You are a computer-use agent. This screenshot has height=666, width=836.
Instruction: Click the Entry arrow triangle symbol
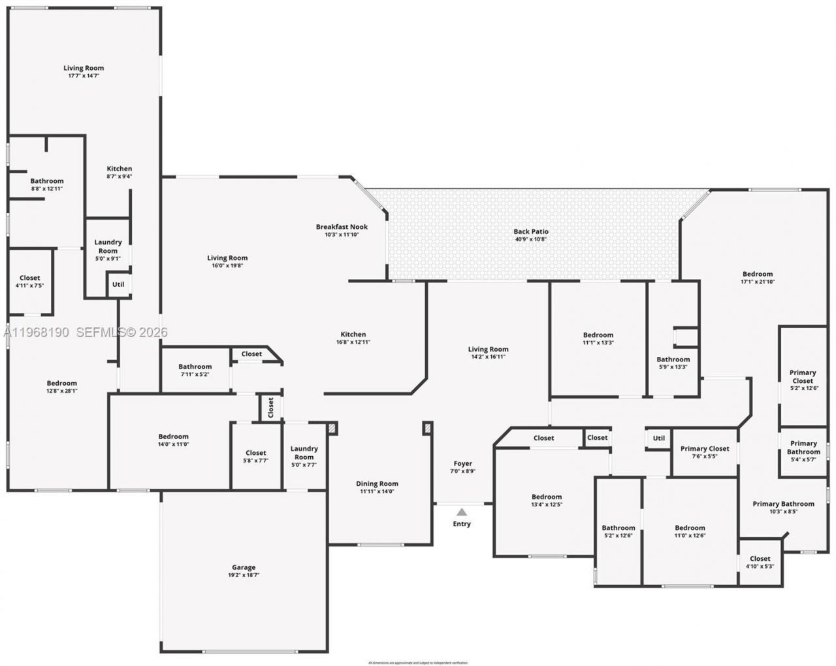point(462,512)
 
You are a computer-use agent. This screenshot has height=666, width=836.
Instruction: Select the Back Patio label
point(530,231)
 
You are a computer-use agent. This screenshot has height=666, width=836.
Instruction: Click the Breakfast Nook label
point(342,227)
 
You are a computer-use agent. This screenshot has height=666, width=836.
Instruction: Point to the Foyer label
point(462,463)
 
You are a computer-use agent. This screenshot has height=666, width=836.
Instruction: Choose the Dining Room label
point(377,484)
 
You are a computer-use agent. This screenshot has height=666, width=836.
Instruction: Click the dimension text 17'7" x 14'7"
point(84,76)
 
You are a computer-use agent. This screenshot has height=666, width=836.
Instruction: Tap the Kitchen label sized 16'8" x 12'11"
point(353,334)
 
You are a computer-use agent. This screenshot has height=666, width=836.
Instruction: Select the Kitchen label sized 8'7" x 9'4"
point(120,169)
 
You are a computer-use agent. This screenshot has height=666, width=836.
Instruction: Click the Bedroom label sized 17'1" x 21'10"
point(757,274)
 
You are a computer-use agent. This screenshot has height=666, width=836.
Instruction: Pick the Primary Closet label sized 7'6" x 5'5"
point(704,448)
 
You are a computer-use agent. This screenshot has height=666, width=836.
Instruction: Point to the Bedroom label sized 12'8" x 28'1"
point(62,383)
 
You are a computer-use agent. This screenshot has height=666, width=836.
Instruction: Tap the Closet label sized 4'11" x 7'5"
point(30,278)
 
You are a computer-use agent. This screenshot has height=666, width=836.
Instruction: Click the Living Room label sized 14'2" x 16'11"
point(488,349)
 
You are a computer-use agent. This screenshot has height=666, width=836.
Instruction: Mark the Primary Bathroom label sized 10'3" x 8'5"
point(783,504)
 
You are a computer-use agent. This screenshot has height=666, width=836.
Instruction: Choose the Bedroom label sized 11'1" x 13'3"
point(598,335)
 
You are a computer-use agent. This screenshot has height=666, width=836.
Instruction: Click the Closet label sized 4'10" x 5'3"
point(760,559)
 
